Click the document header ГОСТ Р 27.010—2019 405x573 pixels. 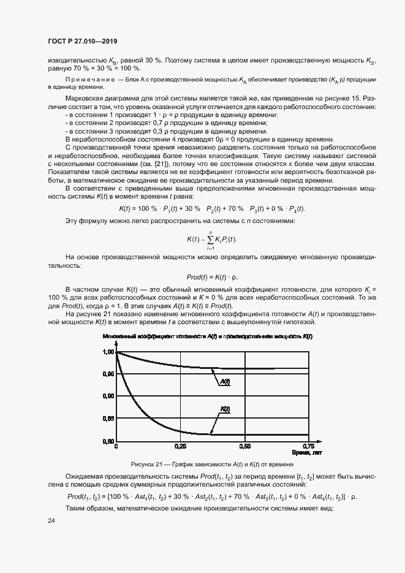pyautogui.click(x=82, y=41)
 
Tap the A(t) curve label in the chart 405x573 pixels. pyautogui.click(x=224, y=381)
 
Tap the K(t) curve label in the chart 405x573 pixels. pyautogui.click(x=224, y=409)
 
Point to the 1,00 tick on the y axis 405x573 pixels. pyautogui.click(x=108, y=352)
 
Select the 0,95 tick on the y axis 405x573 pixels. pyautogui.click(x=108, y=374)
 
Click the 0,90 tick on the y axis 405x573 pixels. pyautogui.click(x=108, y=397)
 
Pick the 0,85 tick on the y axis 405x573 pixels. pyautogui.click(x=108, y=419)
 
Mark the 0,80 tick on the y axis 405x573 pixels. pyautogui.click(x=108, y=441)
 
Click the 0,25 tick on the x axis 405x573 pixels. pyautogui.click(x=180, y=447)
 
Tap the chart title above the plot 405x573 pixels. pyautogui.click(x=208, y=337)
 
